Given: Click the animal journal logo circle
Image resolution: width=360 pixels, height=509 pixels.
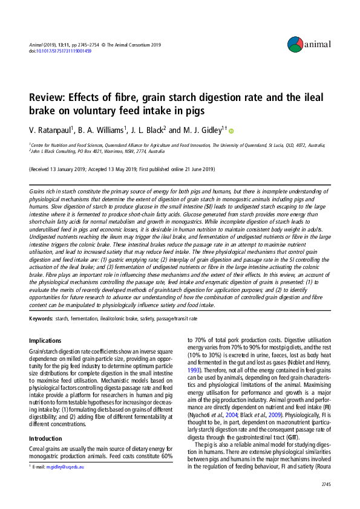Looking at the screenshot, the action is point(295,43).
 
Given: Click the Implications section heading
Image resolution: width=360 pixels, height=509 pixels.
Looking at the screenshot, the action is point(45,341).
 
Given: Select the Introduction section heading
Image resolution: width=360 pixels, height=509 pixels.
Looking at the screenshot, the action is point(46,421).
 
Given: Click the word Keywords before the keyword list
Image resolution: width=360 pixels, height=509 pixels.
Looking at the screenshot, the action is point(40,317).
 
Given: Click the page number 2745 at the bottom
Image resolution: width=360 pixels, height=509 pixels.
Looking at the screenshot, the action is point(326,484).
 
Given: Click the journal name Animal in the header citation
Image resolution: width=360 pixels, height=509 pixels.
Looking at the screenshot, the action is point(36,45).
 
